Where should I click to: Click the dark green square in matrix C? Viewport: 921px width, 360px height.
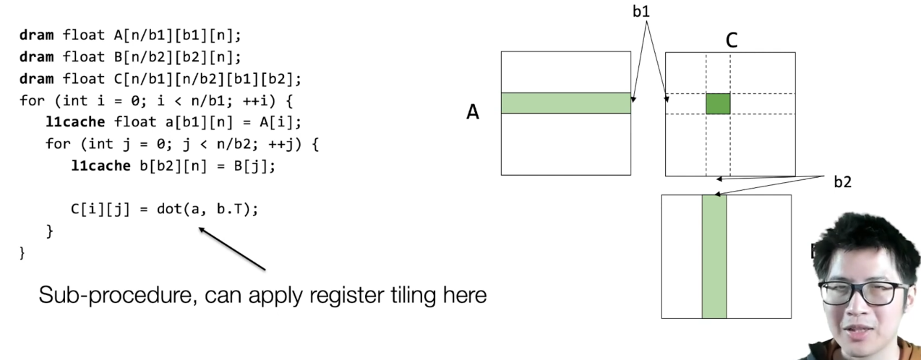coord(718,103)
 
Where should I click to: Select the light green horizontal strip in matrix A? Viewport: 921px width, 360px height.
coord(565,103)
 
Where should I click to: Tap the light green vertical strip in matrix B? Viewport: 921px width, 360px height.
coord(714,256)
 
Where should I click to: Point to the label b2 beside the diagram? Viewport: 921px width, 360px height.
coord(842,181)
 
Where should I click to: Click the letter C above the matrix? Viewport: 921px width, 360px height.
coord(731,40)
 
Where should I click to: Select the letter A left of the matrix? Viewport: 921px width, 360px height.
coord(473,112)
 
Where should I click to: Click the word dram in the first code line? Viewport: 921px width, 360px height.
coord(35,34)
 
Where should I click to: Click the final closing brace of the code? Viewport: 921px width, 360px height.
coord(22,253)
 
